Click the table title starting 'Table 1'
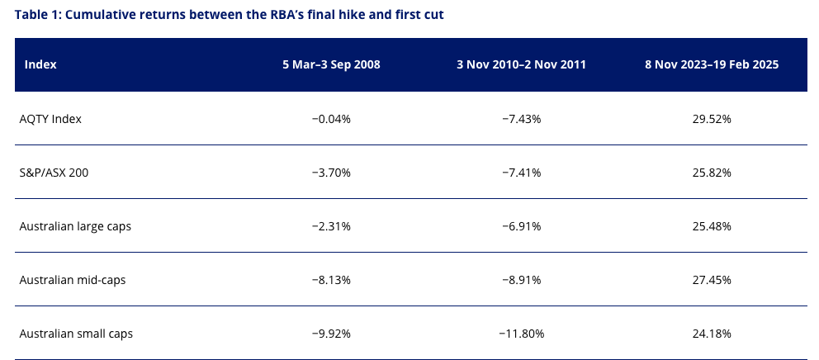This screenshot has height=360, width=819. (230, 15)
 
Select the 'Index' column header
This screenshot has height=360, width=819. (40, 64)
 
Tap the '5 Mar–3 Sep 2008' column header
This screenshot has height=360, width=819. (331, 64)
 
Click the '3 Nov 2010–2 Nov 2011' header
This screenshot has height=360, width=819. (521, 64)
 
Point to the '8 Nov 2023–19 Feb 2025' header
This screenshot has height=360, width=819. (712, 64)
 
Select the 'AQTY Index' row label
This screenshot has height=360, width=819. (50, 119)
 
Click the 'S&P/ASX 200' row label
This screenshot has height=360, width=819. (54, 173)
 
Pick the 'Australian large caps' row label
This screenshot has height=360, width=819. (75, 227)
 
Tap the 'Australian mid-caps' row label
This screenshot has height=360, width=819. (73, 280)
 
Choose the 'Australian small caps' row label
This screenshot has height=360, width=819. (76, 334)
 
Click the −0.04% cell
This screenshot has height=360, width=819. (331, 119)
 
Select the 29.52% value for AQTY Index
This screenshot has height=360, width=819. (712, 119)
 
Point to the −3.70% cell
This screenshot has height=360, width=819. (331, 173)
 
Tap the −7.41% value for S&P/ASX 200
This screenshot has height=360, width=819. (521, 173)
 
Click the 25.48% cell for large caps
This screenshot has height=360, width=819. (712, 227)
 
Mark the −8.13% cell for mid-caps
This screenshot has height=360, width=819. (331, 280)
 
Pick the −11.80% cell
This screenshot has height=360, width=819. (521, 334)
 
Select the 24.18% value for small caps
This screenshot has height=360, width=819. (712, 334)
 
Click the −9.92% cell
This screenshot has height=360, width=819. (331, 334)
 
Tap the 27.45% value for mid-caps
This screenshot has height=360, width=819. (712, 280)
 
